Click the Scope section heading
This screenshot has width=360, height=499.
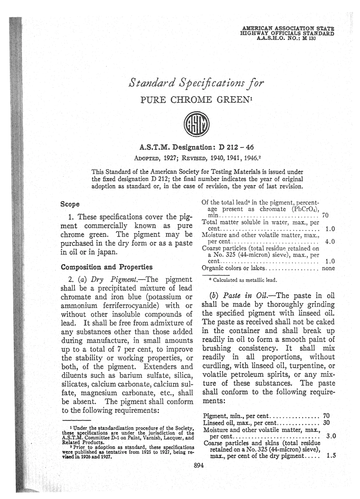pos(70,204)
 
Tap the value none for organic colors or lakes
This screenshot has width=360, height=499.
pos(328,268)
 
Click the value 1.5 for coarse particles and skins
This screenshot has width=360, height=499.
pos(331,456)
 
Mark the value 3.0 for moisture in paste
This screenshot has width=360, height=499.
pos(331,436)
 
